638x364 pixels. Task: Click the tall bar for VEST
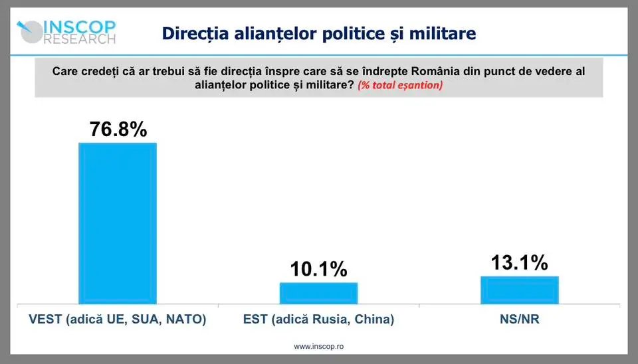(118, 223)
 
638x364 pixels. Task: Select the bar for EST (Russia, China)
(318, 293)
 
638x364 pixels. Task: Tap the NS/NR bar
(519, 290)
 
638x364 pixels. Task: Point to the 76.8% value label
(118, 129)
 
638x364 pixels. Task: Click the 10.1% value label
(318, 269)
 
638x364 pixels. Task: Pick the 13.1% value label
(519, 262)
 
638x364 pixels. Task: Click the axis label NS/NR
(519, 319)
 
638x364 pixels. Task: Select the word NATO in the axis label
(189, 319)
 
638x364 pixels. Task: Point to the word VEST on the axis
(45, 319)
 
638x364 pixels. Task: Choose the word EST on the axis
(255, 319)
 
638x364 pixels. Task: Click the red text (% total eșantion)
(400, 85)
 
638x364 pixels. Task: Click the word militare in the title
(442, 33)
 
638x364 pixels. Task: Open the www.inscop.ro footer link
(318, 346)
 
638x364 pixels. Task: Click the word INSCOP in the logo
(80, 27)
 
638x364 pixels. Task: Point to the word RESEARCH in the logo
(80, 39)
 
